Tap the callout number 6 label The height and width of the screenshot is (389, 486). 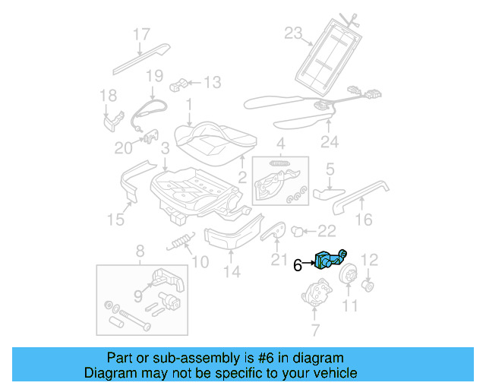(x=298, y=265)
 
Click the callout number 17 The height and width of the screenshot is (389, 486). (x=142, y=34)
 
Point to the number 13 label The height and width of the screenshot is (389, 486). (x=211, y=82)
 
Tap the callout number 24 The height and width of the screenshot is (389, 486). (x=328, y=141)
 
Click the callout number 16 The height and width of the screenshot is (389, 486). (x=364, y=220)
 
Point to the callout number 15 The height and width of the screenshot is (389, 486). (x=115, y=220)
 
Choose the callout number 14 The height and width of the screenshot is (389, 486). (x=232, y=271)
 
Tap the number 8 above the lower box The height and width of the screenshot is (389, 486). (x=139, y=251)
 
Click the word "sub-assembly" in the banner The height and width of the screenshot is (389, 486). (x=194, y=358)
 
